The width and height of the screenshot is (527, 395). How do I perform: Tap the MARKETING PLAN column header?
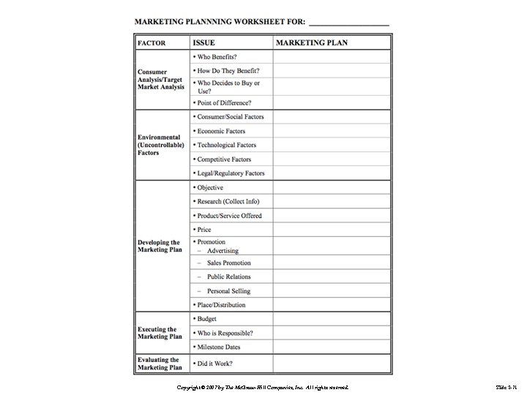coord(312,43)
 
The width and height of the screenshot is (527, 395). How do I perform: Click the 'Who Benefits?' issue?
coord(219,56)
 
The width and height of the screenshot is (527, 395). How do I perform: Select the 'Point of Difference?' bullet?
coord(224,103)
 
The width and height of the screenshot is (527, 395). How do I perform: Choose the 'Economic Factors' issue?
coord(221,131)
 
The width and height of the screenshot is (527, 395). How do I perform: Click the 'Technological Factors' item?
coord(226,145)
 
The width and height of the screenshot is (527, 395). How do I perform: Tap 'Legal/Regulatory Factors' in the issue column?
coord(231,173)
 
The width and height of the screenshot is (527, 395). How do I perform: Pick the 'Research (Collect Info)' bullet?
coord(228,201)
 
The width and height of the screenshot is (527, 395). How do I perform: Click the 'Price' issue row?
coord(203,230)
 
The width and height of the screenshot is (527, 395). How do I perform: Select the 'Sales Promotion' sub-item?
coord(228,263)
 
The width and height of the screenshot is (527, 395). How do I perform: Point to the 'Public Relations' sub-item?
coord(228,276)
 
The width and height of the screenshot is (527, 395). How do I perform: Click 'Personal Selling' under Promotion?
coord(228,291)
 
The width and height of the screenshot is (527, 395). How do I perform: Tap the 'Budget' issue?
coord(206,319)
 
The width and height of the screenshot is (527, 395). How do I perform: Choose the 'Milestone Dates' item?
coord(218,347)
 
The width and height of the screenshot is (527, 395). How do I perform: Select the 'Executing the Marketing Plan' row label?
coord(160,333)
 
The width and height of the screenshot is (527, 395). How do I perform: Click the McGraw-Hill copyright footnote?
coord(263,385)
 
